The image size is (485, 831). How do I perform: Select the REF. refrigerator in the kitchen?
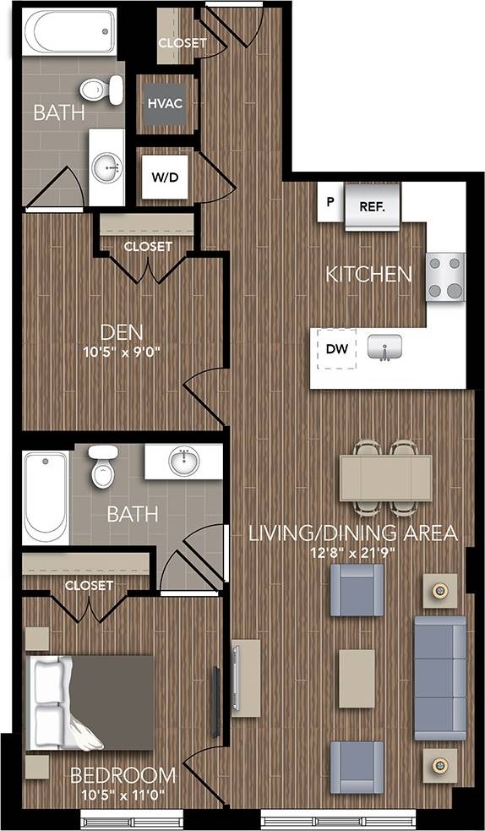373,205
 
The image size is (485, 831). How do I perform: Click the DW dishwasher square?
336,347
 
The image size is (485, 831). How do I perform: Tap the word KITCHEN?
369,274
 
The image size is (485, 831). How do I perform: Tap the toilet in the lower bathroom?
103,466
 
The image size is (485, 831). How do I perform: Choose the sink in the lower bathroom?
183,462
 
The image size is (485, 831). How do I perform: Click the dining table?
386,478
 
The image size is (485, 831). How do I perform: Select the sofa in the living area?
439,678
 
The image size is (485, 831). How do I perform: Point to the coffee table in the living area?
357,678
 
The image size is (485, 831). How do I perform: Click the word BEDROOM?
123,775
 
